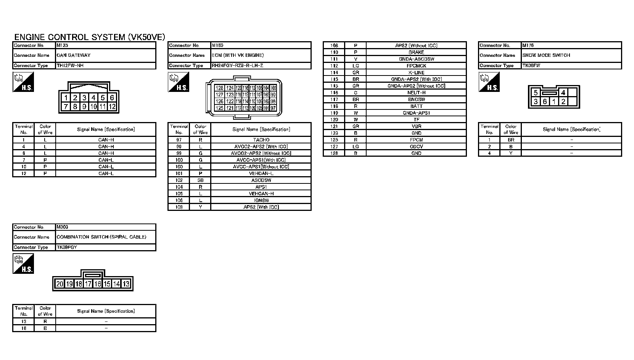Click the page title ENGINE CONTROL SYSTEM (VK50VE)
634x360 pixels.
click(90, 37)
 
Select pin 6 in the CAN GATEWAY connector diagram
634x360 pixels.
click(112, 98)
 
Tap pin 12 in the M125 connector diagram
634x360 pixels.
click(112, 106)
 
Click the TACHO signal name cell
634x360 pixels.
click(261, 140)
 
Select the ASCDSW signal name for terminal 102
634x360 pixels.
click(261, 180)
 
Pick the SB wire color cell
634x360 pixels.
click(200, 180)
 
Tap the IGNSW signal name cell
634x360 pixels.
click(261, 200)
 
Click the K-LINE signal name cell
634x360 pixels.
click(416, 72)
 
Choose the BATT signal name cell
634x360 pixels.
click(416, 106)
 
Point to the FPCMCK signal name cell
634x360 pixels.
click(416, 66)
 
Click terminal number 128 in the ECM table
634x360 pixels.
click(334, 153)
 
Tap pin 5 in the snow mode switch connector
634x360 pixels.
click(536, 93)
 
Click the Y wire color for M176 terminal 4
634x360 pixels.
click(511, 153)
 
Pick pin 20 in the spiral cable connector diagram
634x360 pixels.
click(60, 284)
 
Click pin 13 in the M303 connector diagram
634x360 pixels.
click(126, 284)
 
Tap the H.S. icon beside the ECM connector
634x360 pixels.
click(179, 82)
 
